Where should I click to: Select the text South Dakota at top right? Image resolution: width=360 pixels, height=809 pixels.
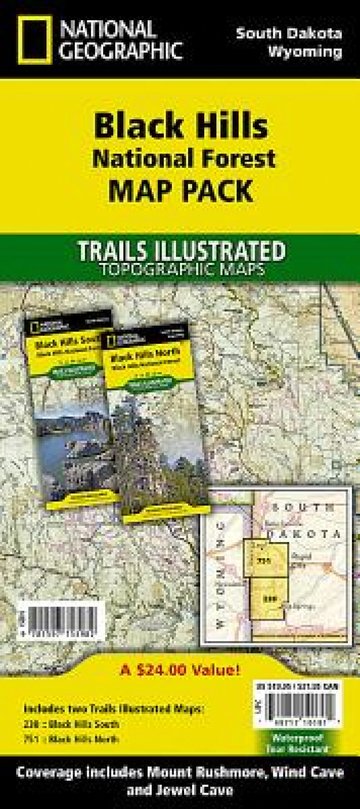pyautogui.click(x=289, y=33)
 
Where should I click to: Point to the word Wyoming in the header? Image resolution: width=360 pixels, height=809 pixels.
pyautogui.click(x=306, y=52)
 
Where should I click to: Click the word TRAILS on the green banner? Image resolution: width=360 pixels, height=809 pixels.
pyautogui.click(x=110, y=251)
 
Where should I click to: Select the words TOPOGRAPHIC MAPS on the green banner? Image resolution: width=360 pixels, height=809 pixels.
pyautogui.click(x=182, y=268)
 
